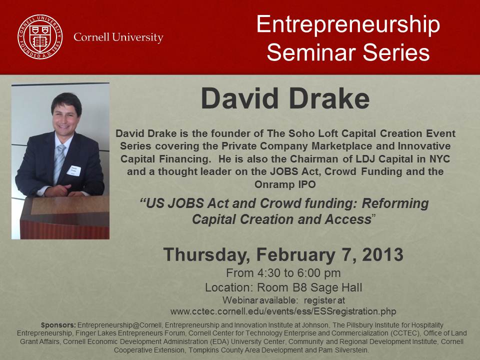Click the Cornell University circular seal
click(x=40, y=36)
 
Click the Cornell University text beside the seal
click(x=118, y=37)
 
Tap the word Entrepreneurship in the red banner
click(x=348, y=25)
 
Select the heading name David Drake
click(x=285, y=98)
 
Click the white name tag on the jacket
click(x=74, y=170)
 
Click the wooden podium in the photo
click(x=65, y=217)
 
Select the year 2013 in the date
click(x=382, y=254)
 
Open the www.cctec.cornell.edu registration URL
click(x=283, y=311)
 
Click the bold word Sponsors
click(x=58, y=325)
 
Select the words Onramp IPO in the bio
click(x=285, y=184)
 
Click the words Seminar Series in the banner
click(x=348, y=52)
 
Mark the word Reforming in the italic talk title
click(x=395, y=203)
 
